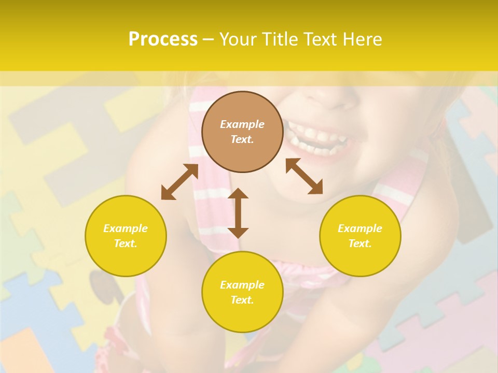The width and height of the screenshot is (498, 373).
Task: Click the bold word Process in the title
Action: (163, 39)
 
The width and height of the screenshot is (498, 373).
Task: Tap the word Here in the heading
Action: (362, 39)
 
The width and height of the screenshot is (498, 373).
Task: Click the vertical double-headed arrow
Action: (238, 213)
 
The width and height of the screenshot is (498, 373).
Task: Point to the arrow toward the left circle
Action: (179, 182)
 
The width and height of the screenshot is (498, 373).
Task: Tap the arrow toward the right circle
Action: (305, 176)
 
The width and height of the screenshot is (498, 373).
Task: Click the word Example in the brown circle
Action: (242, 124)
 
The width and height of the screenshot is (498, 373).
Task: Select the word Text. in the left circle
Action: (126, 243)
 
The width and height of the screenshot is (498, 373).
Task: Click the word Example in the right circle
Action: (360, 228)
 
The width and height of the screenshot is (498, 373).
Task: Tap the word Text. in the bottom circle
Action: (242, 300)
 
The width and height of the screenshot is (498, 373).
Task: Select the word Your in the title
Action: (238, 39)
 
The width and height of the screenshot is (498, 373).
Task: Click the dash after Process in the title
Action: (208, 40)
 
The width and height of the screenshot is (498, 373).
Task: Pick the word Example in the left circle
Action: (126, 228)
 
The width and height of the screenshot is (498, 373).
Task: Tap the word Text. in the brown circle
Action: (242, 139)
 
